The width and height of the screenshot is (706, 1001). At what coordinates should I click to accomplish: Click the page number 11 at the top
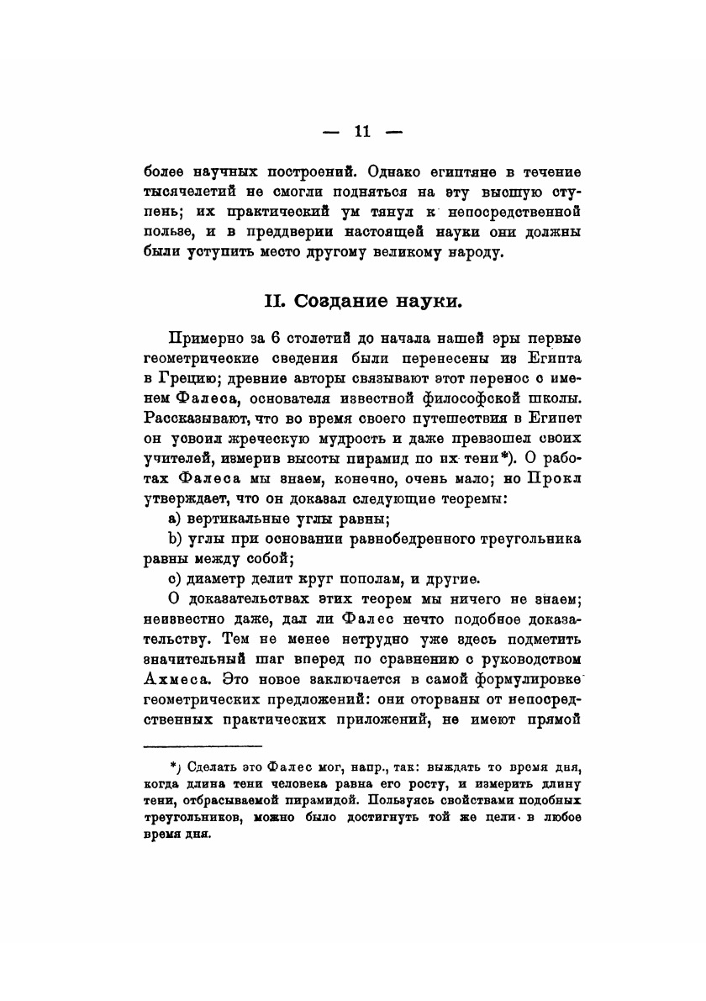(x=362, y=131)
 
